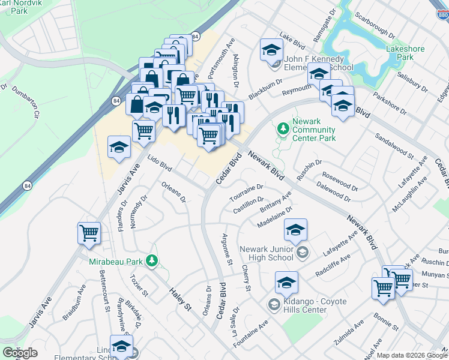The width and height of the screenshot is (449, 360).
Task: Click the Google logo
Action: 20,353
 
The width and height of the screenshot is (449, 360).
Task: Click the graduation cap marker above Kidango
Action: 287,282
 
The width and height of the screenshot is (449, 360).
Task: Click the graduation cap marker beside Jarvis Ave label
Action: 119,147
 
